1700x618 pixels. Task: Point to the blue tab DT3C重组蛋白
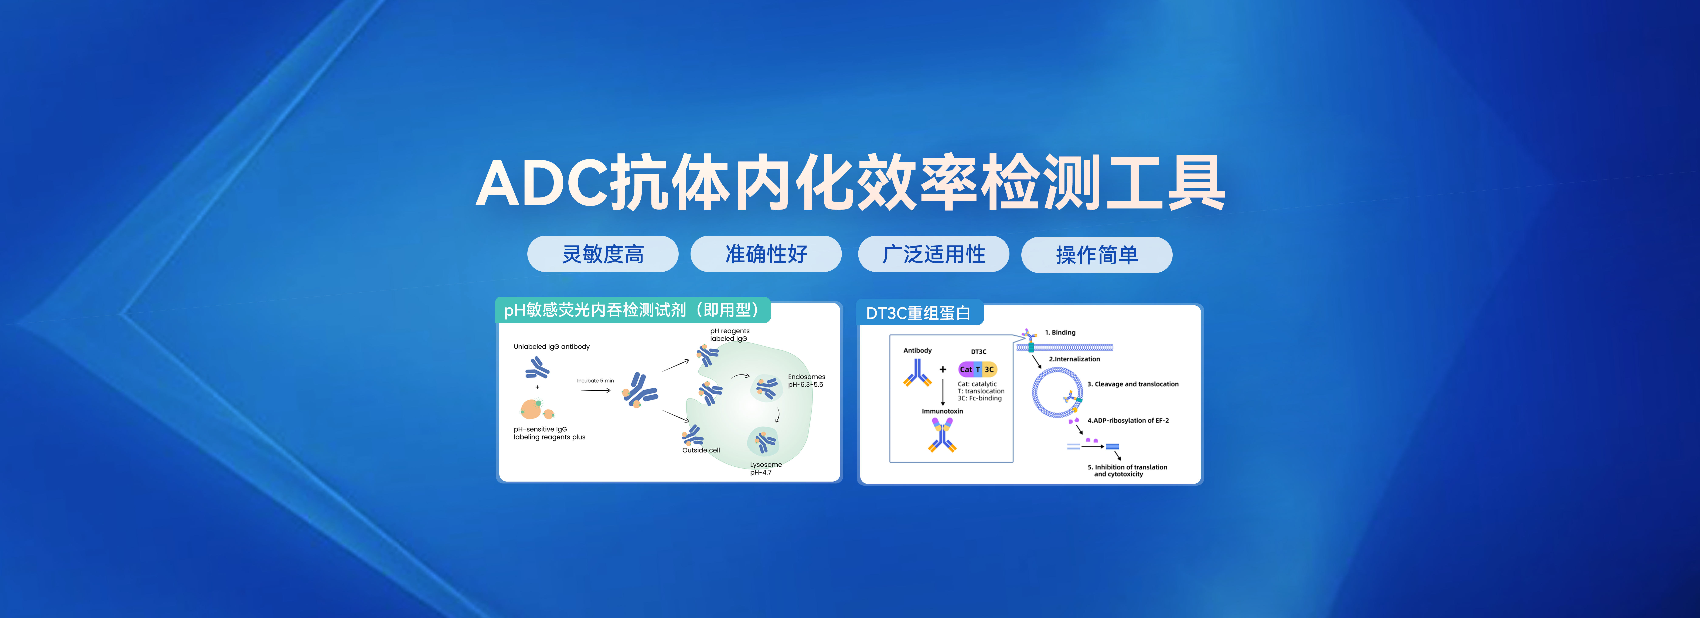pos(918,313)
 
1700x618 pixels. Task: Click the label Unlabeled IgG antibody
pos(552,347)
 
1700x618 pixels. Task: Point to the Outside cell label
pos(701,450)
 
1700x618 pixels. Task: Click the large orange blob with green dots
pos(531,409)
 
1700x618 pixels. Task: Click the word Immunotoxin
pos(942,411)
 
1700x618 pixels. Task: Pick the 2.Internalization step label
pos(1074,359)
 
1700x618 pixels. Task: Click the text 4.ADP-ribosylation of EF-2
pos(1128,421)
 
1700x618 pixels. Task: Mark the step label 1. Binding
pos(1060,333)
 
